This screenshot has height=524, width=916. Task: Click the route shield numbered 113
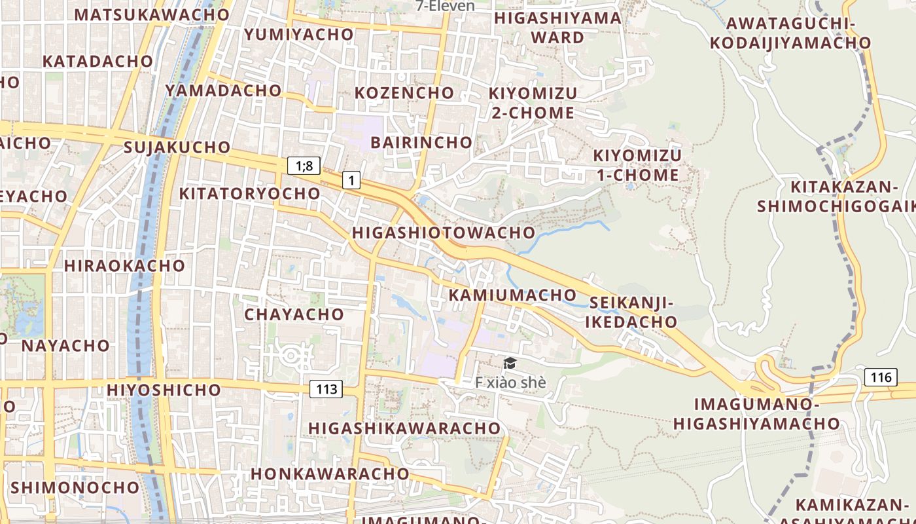[x=326, y=389]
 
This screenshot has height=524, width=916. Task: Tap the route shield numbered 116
[x=881, y=377]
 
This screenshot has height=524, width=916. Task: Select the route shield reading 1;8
[x=304, y=166]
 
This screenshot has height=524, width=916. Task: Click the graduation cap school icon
[x=510, y=363]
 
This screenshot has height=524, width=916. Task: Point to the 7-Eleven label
[x=446, y=6]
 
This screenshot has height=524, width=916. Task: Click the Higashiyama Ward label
[x=557, y=28]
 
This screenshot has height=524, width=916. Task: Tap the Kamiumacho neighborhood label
[x=512, y=295]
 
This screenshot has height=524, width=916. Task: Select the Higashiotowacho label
[x=444, y=233]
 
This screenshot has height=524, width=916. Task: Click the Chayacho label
[x=294, y=314]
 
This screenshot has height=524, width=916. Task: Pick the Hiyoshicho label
[x=164, y=390]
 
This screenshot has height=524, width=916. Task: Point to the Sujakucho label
[x=177, y=147]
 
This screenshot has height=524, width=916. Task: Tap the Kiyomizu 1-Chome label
[x=637, y=165]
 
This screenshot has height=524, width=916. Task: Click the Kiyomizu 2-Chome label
[x=533, y=103]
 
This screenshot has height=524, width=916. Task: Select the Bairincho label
[x=421, y=142]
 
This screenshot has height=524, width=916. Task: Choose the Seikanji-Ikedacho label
[x=631, y=312]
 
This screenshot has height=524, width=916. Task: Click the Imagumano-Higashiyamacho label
[x=756, y=414]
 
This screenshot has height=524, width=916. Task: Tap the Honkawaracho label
[x=330, y=473]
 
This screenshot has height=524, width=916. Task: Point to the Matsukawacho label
[x=152, y=14]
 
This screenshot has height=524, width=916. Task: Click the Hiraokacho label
[x=124, y=265]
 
